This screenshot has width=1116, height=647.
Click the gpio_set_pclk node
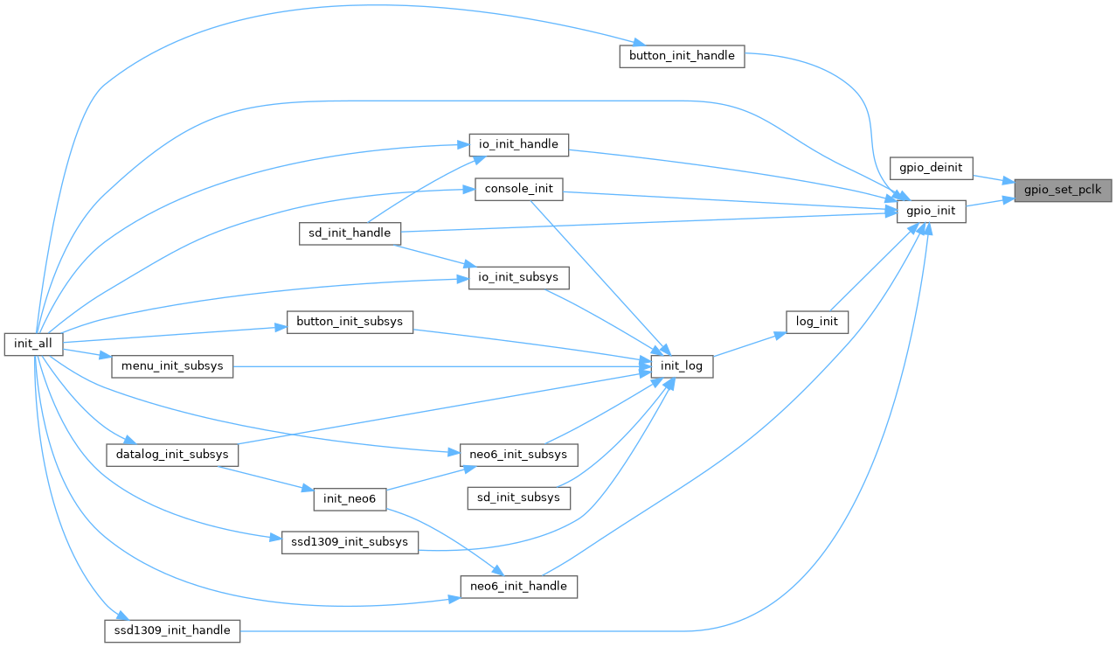(x=1063, y=190)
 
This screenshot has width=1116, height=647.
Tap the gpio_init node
(x=931, y=211)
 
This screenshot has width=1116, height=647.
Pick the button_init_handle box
(x=682, y=56)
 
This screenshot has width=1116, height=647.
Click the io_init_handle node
(x=519, y=143)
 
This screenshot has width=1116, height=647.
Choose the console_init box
(x=518, y=189)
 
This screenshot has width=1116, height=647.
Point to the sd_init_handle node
(x=350, y=233)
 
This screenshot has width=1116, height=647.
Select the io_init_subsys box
(x=519, y=278)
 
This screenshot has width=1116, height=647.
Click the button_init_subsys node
(x=350, y=322)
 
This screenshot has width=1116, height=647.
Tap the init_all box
(x=33, y=344)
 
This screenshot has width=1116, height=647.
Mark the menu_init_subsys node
(x=172, y=366)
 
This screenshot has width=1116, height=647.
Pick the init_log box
(x=682, y=366)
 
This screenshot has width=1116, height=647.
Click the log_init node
(x=817, y=322)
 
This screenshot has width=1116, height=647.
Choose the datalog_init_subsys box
(x=172, y=455)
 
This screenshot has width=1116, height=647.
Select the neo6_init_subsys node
(x=519, y=455)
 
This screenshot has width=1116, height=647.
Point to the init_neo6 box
(x=350, y=498)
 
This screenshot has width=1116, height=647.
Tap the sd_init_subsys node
(x=519, y=497)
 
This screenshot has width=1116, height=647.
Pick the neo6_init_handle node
(x=519, y=586)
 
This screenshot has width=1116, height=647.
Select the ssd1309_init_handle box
(x=172, y=630)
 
